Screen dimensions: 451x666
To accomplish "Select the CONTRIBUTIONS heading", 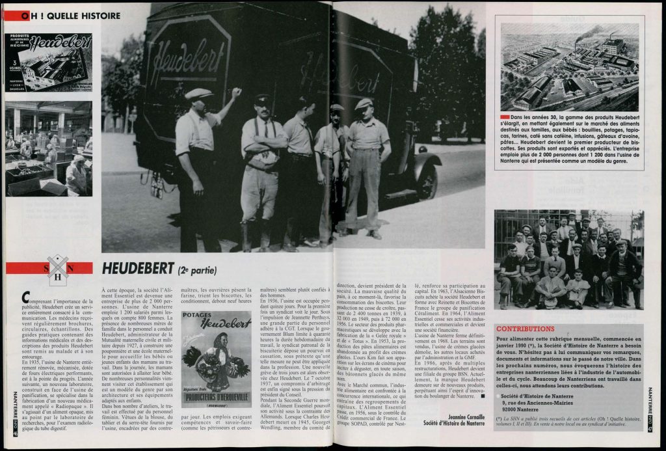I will (x=526, y=329).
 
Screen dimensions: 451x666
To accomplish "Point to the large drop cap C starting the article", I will (x=25, y=297).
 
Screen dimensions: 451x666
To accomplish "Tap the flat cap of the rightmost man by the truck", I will (x=364, y=103).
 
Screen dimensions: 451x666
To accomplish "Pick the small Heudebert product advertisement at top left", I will (x=49, y=62).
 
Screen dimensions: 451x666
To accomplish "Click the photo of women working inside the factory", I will (x=49, y=148).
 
